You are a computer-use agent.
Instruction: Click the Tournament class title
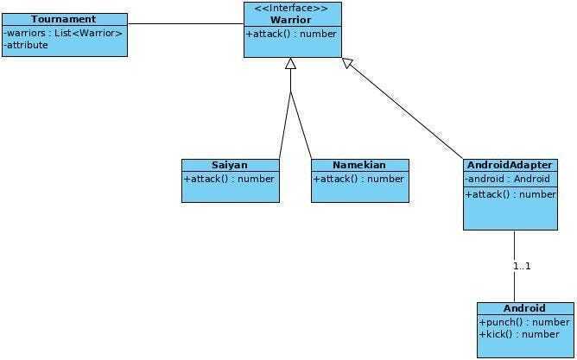pos(64,19)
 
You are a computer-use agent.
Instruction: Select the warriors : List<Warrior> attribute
pos(63,33)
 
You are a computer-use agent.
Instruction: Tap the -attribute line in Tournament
pos(26,45)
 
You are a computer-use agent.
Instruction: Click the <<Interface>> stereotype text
pos(291,8)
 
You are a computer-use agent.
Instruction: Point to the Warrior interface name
pos(291,20)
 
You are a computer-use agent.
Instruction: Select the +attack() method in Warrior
pos(291,34)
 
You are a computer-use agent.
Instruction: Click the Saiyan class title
pos(230,165)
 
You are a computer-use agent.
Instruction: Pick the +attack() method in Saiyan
pos(229,179)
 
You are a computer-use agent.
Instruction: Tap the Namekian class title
pos(359,165)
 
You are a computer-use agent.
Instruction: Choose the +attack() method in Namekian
pos(358,179)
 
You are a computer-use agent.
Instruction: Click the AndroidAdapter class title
pos(510,165)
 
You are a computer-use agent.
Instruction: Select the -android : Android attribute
pos(507,179)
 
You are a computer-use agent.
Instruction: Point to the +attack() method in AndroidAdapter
pos(510,194)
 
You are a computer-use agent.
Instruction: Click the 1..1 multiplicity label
pos(523,266)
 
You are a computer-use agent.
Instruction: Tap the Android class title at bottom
pos(524,308)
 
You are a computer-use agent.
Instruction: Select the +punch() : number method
pos(524,323)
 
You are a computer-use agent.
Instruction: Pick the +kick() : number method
pos(519,334)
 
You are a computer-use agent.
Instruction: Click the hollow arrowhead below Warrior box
pos(291,63)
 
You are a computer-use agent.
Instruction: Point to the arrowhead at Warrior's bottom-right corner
pos(347,63)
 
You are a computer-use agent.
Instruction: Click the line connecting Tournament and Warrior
pos(186,24)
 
